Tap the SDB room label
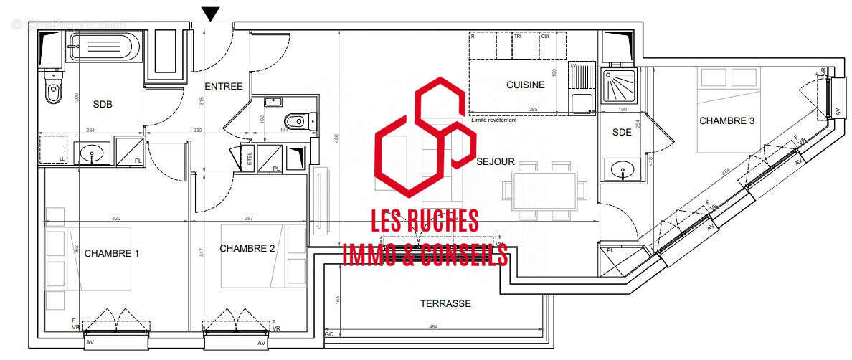pos(103,104)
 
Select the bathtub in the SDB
pos(100,49)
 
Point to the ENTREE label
pos(224,87)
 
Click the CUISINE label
pos(525,85)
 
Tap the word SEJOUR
pos(496,162)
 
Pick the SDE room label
pos(621,132)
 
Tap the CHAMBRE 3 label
pos(726,121)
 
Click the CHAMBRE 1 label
pos(112,253)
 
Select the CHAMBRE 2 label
pos(247,249)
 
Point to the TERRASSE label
pos(445,303)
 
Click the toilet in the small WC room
pos(295,120)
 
